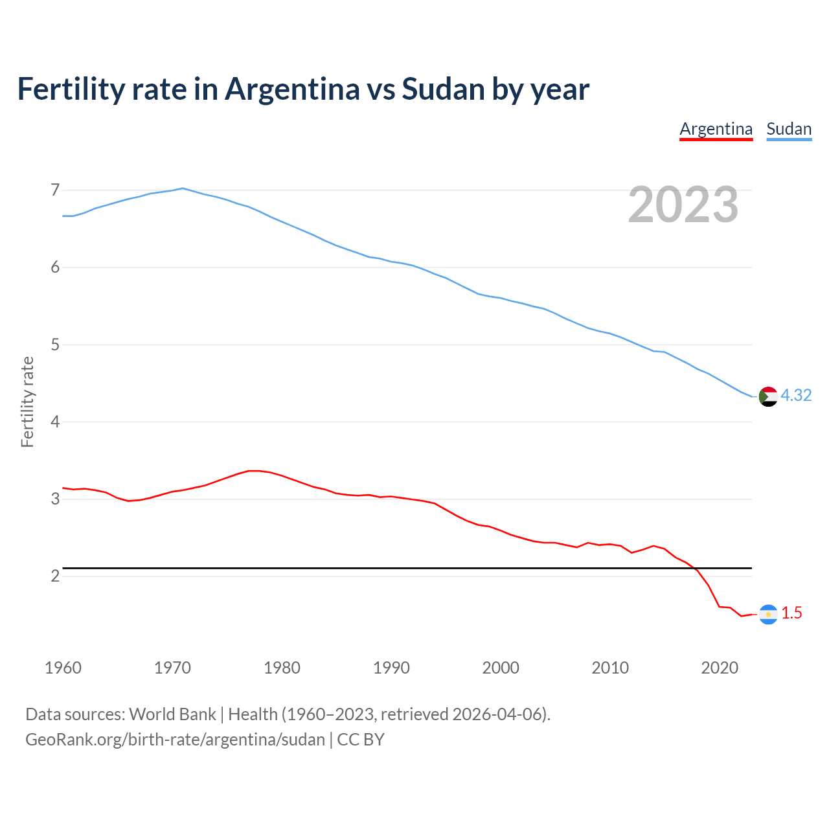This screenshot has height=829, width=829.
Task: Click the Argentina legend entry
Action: pos(716,129)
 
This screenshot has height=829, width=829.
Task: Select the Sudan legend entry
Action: pos(789,129)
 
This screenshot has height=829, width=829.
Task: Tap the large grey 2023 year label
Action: pos(683,205)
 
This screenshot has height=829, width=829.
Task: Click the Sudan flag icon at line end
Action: pos(768,396)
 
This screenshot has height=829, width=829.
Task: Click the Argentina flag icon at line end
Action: pos(768,614)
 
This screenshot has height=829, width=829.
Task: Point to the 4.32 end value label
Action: pos(796,395)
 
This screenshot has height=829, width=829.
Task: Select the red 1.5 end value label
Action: pos(791,613)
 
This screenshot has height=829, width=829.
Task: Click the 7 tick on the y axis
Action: pos(55,190)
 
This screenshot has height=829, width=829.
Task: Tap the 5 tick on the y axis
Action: pos(55,345)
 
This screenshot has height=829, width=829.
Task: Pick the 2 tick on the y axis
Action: pos(55,576)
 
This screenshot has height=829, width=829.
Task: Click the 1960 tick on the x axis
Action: pos(63,668)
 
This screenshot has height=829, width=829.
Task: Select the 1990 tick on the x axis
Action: pos(391,668)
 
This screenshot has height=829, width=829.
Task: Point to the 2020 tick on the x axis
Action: pos(720,668)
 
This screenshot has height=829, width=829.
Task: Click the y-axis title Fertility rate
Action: pos(27,402)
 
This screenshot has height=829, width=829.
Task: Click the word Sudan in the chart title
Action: pos(443,89)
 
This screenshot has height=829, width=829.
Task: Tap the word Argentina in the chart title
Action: pos(292,89)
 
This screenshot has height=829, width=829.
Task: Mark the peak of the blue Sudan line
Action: pos(183,188)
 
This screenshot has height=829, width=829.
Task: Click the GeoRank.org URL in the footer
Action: pos(175,740)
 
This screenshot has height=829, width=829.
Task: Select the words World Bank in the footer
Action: pos(172,714)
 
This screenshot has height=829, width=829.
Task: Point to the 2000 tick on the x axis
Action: pos(501,668)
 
